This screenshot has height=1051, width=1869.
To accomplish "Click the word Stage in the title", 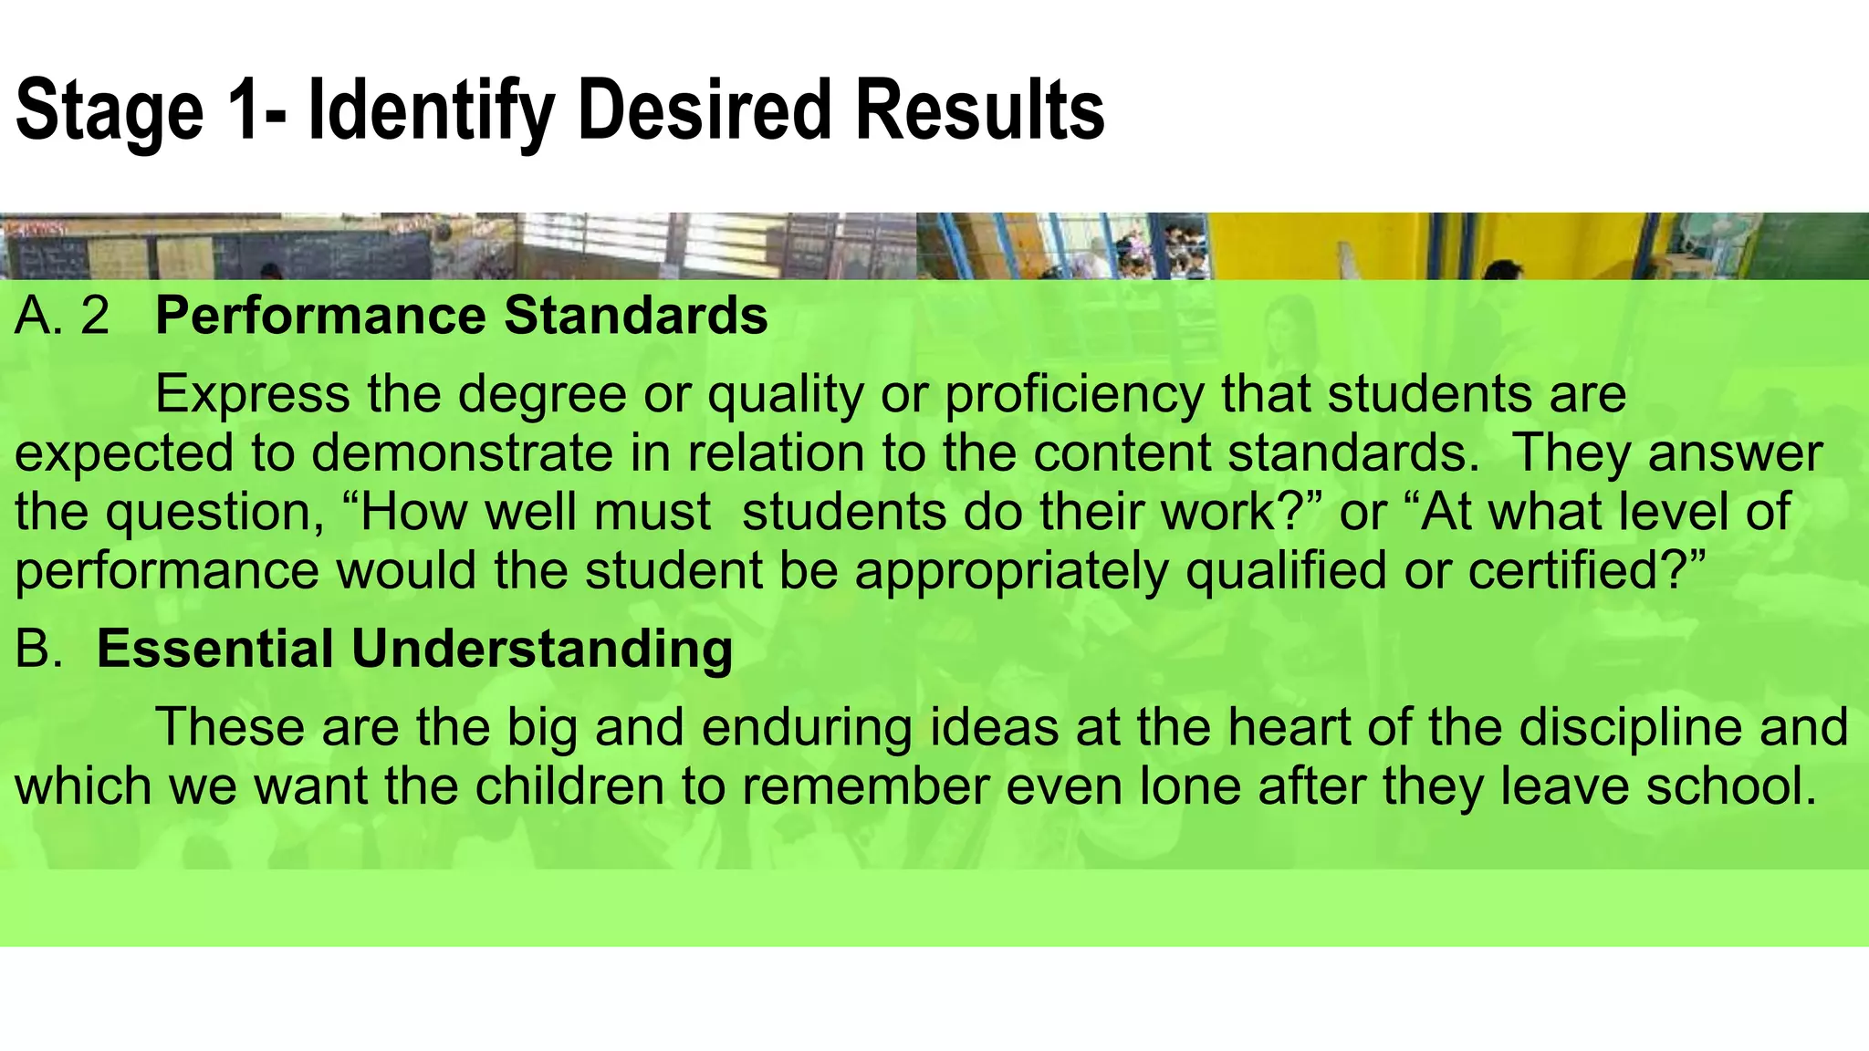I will click(110, 111).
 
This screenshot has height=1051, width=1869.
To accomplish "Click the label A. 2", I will click(62, 316).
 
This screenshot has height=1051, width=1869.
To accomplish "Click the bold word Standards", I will click(636, 316).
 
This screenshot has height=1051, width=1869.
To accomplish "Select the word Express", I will click(253, 394).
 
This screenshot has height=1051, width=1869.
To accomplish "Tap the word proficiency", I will click(1074, 396).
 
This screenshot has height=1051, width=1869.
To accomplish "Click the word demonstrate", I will click(462, 453).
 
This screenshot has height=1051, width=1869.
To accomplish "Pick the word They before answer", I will click(1571, 453).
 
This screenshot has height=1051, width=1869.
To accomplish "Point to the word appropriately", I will click(1011, 571).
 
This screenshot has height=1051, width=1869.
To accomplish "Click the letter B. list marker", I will click(39, 649).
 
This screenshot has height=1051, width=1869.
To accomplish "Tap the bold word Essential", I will click(215, 649).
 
